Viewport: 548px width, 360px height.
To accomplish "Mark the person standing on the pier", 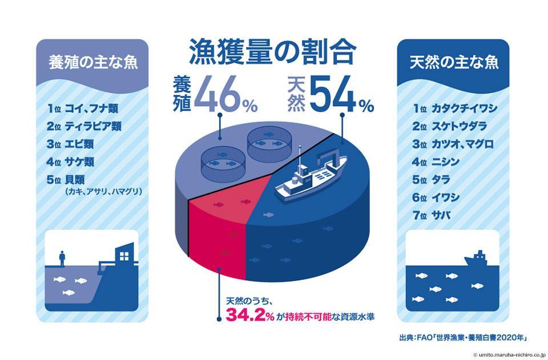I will tap(61, 257).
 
